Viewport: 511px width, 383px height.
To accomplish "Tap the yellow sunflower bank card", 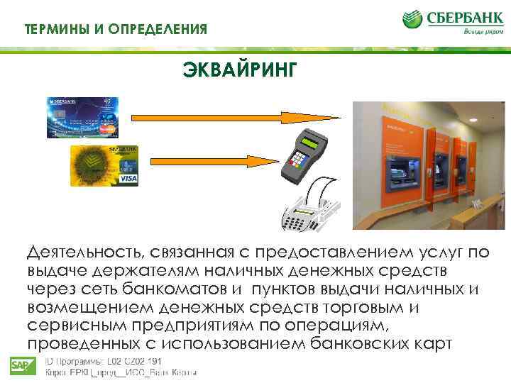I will point(104,165).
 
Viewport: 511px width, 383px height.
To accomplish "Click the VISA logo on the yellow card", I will point(128,179).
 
